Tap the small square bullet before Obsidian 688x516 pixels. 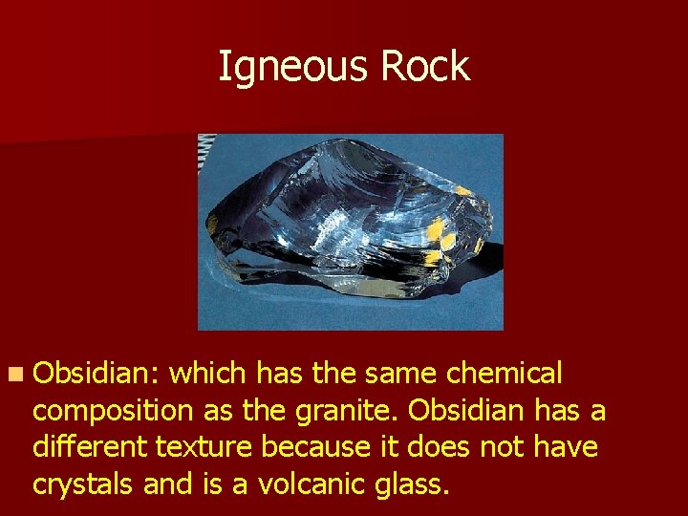point(15,374)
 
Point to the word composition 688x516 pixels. point(113,411)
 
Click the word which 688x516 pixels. point(207,373)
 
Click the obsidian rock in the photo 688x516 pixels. point(349,229)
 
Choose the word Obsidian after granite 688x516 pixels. point(468,411)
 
